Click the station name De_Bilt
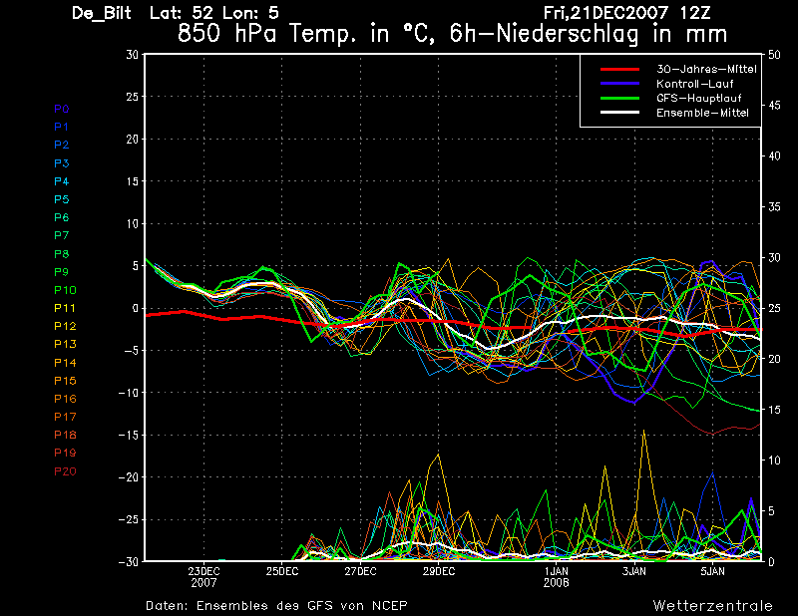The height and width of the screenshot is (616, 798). (104, 13)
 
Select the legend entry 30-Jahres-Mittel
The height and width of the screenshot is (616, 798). (705, 69)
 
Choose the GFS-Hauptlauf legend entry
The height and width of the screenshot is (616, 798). (695, 98)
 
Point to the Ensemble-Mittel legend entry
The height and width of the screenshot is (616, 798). (701, 113)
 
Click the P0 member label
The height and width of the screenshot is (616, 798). (62, 109)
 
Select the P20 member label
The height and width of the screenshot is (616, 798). (65, 471)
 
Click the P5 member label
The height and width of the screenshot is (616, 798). (62, 199)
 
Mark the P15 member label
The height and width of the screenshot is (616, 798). (65, 381)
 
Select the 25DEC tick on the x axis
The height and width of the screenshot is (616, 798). (282, 571)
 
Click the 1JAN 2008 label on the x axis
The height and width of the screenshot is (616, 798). (557, 576)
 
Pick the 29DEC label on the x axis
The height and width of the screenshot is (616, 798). (438, 571)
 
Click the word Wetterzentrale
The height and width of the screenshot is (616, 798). (712, 605)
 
